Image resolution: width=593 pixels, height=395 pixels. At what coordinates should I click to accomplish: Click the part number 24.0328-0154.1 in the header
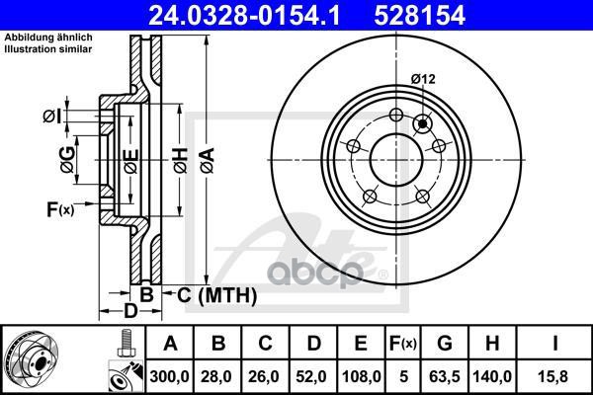coord(244,15)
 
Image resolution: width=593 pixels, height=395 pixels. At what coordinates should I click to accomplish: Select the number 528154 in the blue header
coord(419,15)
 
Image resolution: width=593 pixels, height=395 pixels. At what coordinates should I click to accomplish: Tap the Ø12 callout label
coord(423,79)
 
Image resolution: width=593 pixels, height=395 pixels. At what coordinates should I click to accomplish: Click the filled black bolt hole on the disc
coord(422,123)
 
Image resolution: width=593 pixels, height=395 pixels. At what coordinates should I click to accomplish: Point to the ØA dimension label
coord(208,160)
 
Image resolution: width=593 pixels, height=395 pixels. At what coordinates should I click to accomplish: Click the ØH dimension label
coord(181,160)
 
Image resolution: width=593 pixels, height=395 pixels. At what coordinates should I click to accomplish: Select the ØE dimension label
coord(131,161)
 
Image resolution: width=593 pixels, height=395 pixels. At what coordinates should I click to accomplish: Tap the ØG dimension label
coord(68,160)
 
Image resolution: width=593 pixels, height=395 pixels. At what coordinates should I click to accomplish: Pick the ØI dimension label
coord(51,117)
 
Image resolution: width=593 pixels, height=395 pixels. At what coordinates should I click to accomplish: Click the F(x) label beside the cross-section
coord(60,209)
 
